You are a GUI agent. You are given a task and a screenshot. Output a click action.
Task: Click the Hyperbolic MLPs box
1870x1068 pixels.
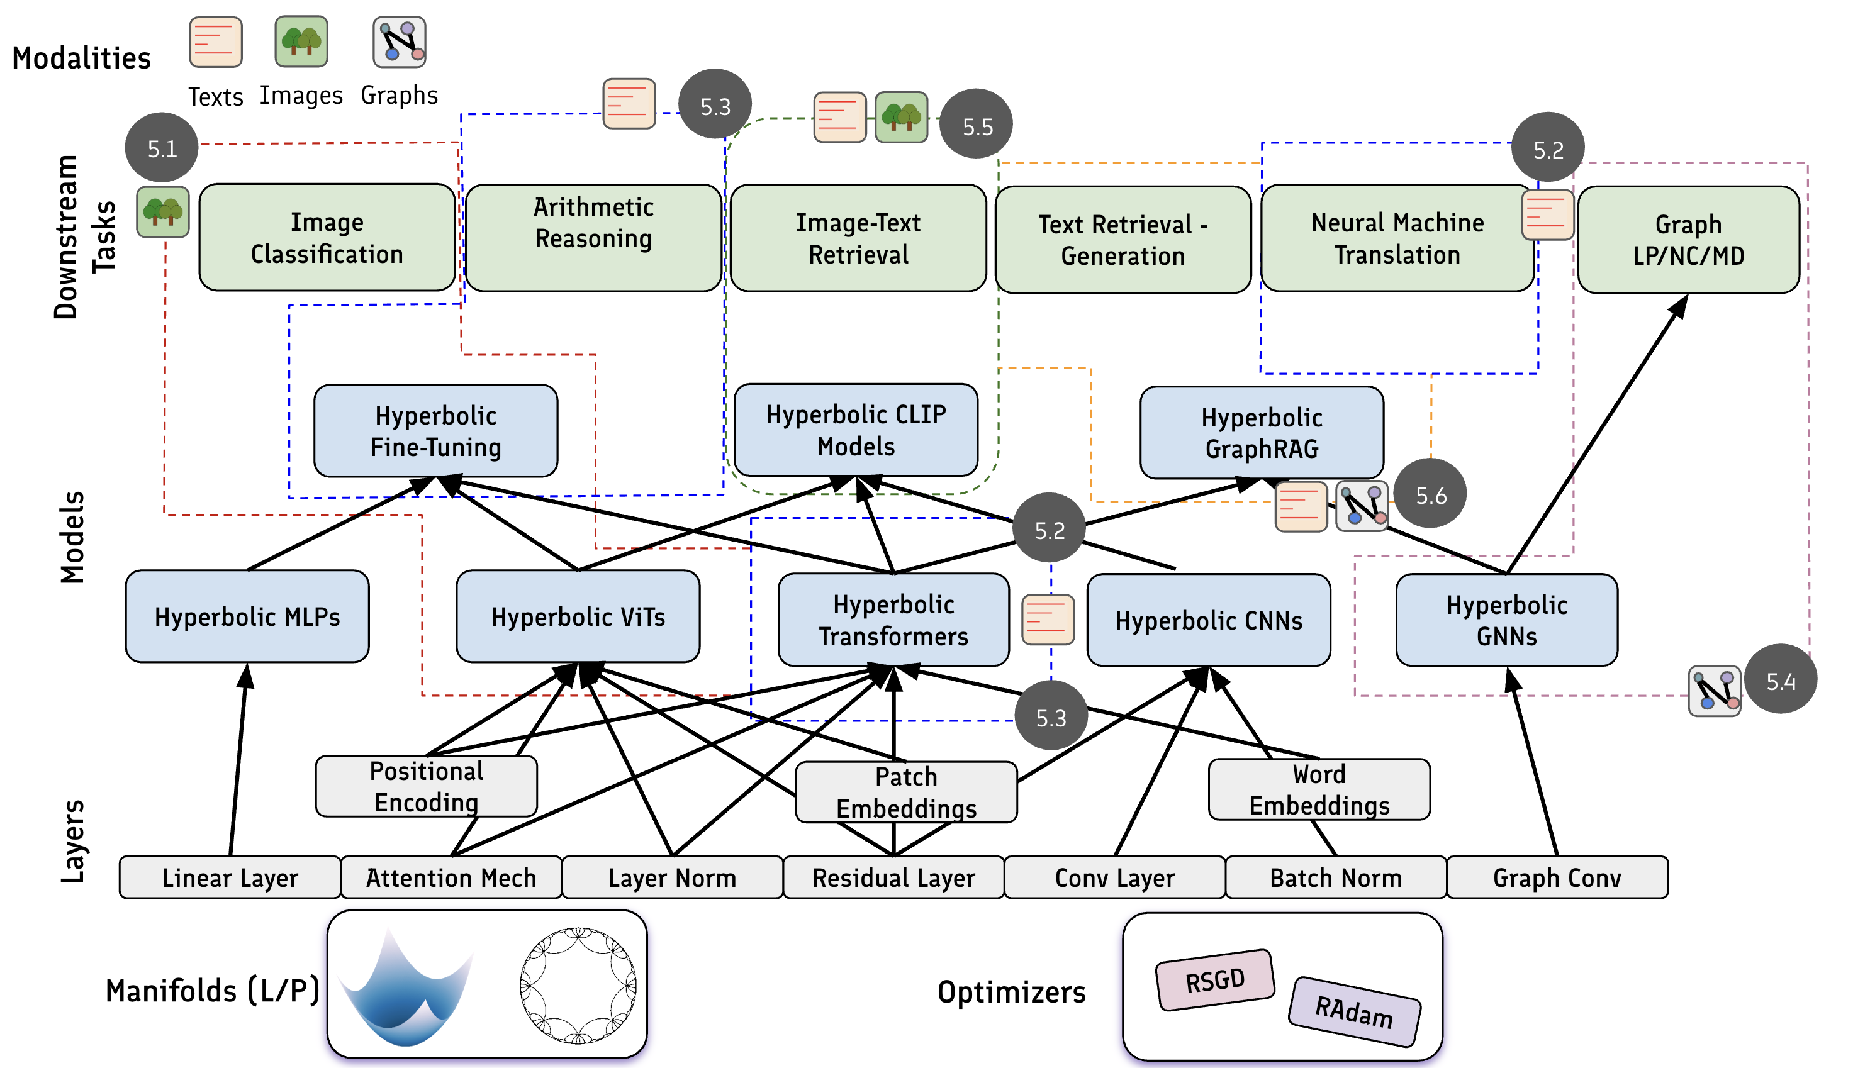[x=247, y=616]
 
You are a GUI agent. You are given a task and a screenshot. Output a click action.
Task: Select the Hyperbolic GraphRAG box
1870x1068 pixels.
[x=1261, y=433]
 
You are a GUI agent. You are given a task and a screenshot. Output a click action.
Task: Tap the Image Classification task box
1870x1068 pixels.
[x=327, y=238]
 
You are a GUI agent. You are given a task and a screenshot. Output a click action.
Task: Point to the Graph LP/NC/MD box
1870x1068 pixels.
[x=1688, y=240]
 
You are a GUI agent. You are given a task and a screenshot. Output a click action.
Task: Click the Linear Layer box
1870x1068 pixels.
[x=230, y=877]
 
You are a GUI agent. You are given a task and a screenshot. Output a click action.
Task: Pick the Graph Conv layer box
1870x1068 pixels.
[x=1557, y=877]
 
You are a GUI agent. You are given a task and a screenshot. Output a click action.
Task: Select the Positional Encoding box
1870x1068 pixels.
[x=426, y=786]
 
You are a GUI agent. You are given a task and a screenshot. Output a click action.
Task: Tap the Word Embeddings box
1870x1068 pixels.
[x=1319, y=789]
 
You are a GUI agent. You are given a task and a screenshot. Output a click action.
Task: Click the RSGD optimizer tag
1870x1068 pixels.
[x=1215, y=980]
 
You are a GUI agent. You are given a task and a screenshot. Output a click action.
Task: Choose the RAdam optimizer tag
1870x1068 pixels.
[x=1354, y=1011]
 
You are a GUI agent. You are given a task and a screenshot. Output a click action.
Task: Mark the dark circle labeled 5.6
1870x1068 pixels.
[x=1430, y=494]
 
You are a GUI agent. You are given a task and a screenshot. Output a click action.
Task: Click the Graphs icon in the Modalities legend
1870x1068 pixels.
[x=400, y=42]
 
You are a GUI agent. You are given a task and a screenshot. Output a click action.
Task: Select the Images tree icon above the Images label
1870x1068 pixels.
[x=301, y=42]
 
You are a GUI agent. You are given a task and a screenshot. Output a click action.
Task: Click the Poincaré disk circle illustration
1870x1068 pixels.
[x=578, y=984]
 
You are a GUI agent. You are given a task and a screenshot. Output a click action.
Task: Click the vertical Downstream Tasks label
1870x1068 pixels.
[x=83, y=237]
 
